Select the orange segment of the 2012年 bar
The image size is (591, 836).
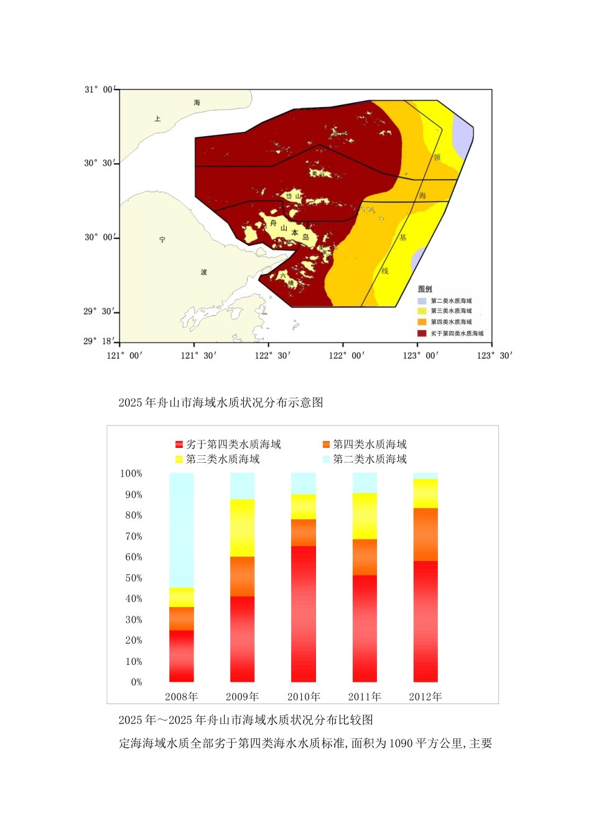(x=426, y=534)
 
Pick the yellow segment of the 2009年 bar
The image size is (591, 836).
(x=242, y=527)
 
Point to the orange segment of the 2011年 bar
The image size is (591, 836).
(x=365, y=557)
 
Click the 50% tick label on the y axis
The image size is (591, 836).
(x=134, y=578)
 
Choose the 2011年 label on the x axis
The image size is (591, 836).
(x=365, y=697)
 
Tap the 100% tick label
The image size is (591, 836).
(x=131, y=473)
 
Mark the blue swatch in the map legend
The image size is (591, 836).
(x=422, y=301)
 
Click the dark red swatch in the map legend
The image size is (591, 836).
(x=422, y=333)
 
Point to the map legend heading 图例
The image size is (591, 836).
(x=425, y=289)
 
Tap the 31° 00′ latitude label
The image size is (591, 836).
(x=99, y=90)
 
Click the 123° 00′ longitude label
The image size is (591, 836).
(x=421, y=355)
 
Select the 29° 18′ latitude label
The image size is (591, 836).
(x=98, y=341)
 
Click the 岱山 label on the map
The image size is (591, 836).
(x=293, y=196)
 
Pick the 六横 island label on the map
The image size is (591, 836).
(x=286, y=279)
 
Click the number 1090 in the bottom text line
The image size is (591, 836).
(x=402, y=743)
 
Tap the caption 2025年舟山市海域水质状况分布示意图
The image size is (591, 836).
(x=221, y=402)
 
